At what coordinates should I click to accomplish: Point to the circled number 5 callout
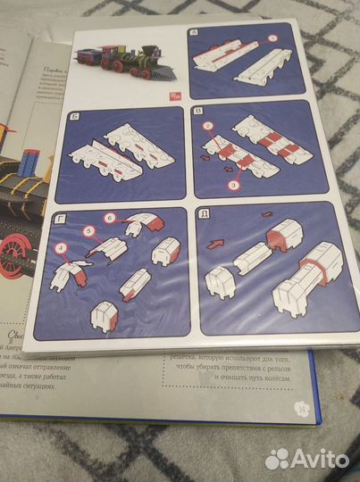coord(88,230)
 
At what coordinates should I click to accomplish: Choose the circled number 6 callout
coord(109,218)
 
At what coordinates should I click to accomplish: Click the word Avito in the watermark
coord(320,458)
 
